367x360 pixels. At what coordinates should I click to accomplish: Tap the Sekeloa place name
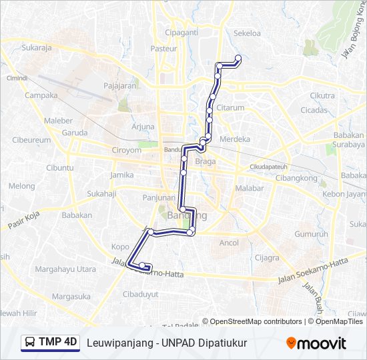click(247, 32)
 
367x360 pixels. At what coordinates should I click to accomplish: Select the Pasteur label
click(163, 48)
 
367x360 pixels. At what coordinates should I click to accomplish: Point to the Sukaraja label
click(37, 48)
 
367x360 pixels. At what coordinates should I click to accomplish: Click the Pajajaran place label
click(120, 86)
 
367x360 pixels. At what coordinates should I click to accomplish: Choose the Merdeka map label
click(235, 139)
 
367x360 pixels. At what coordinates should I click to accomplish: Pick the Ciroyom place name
click(126, 151)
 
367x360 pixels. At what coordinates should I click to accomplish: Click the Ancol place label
click(229, 243)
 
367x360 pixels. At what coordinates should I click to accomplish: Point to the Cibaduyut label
click(141, 293)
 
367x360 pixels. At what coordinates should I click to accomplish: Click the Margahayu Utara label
click(65, 269)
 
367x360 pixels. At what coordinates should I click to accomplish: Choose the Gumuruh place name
click(311, 234)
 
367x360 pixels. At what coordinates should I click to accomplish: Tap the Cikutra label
click(322, 95)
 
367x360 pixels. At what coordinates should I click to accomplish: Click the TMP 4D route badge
click(51, 343)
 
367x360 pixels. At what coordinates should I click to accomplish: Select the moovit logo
click(316, 343)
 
